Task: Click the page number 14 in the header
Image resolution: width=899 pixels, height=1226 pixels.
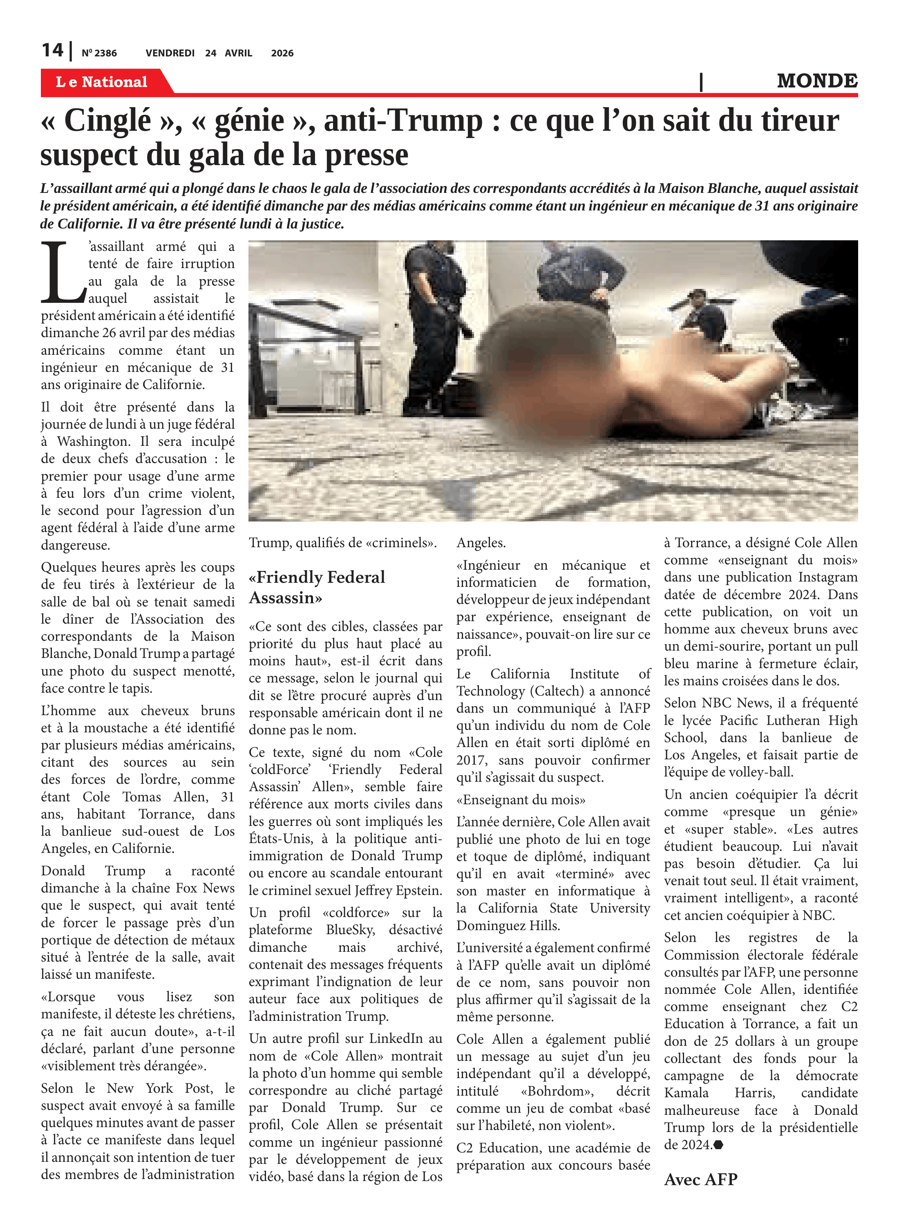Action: (52, 51)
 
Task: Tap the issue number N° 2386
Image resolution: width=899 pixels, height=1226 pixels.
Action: (99, 53)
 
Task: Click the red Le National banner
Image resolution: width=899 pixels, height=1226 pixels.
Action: (102, 82)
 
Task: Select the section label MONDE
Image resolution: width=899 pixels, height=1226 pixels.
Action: (817, 81)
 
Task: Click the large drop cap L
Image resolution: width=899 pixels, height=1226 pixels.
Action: (61, 273)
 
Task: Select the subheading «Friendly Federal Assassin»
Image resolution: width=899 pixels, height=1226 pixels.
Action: (317, 587)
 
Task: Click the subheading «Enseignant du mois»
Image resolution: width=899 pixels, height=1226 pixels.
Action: (521, 799)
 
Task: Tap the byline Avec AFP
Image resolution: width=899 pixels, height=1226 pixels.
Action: (700, 1179)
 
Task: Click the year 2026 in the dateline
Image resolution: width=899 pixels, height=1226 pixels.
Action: (282, 53)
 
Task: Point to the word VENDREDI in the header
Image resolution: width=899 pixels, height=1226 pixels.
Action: (170, 53)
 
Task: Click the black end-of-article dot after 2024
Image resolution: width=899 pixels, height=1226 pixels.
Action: (718, 1144)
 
